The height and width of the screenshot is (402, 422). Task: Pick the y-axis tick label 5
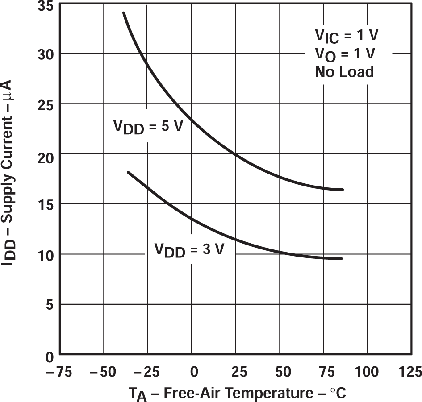49,304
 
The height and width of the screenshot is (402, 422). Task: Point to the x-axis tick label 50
280,371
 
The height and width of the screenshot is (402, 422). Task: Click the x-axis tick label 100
368,371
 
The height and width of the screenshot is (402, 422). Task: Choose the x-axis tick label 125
409,371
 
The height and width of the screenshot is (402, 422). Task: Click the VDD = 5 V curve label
147,127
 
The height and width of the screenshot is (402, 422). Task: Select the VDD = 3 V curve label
189,250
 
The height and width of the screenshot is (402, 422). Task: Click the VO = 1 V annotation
345,54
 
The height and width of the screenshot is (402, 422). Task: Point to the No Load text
344,71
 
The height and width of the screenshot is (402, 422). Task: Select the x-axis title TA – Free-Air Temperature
237,394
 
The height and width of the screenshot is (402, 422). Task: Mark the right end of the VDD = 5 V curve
342,190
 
